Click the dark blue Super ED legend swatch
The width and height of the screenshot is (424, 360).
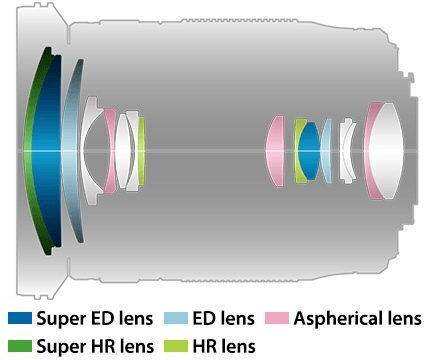[x=20, y=318]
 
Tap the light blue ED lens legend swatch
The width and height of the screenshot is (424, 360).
[x=176, y=318]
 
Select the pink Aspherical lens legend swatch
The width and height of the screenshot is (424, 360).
[x=277, y=318]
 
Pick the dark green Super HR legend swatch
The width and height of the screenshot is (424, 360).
[x=20, y=346]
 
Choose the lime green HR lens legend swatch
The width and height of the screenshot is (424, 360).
[x=176, y=346]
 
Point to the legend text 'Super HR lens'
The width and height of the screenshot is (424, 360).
[x=95, y=346]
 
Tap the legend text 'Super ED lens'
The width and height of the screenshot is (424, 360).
[x=95, y=318]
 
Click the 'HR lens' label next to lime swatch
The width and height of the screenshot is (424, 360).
[x=224, y=346]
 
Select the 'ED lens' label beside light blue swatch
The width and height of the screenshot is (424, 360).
[x=223, y=318]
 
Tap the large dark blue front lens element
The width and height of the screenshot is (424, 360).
[x=47, y=151]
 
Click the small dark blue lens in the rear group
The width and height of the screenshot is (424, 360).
[x=309, y=151]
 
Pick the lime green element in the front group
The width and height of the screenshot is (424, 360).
[x=142, y=151]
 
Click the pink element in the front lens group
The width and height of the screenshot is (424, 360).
[x=110, y=151]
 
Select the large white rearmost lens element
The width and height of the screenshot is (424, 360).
[x=387, y=151]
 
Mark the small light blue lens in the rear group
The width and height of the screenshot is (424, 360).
[x=326, y=151]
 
